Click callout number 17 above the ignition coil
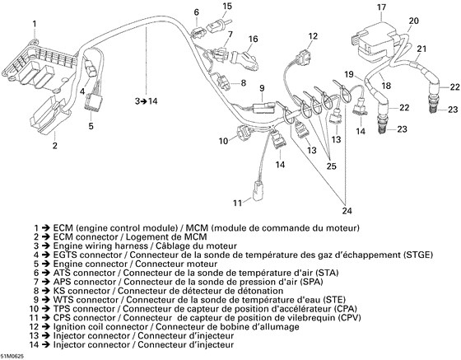pyautogui.click(x=381, y=8)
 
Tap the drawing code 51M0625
pyautogui.click(x=17, y=355)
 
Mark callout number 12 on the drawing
pyautogui.click(x=313, y=36)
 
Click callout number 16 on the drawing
pyautogui.click(x=254, y=39)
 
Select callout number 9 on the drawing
pyautogui.click(x=261, y=88)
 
